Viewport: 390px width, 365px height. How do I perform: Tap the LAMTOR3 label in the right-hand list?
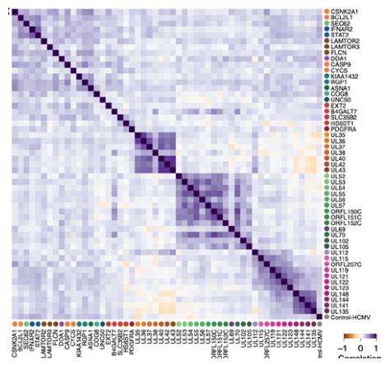tap(344, 47)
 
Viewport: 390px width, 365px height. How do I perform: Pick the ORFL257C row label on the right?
tap(346, 265)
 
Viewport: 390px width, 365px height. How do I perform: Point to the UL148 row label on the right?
tap(338, 292)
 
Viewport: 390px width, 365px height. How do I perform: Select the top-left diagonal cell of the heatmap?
tap(14, 11)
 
